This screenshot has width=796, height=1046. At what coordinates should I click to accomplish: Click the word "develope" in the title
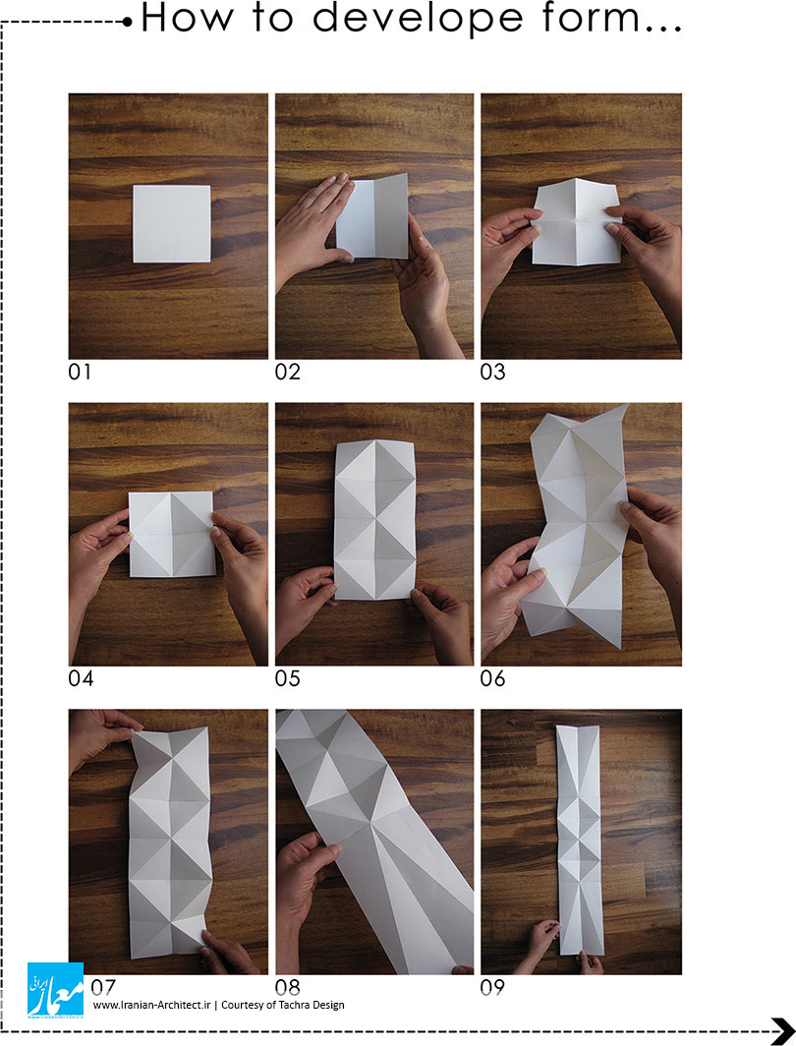click(418, 19)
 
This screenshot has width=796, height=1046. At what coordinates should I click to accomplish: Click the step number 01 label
click(80, 372)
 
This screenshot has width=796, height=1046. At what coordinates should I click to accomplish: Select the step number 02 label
click(287, 372)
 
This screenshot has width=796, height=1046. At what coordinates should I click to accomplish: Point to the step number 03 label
click(492, 372)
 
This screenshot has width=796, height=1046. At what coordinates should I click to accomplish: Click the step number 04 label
click(81, 678)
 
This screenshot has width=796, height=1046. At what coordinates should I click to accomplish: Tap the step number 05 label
click(287, 678)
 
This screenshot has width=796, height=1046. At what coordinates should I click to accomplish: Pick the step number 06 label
click(492, 678)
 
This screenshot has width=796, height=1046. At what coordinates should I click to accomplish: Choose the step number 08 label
click(287, 987)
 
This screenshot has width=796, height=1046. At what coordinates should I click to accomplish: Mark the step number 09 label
click(492, 987)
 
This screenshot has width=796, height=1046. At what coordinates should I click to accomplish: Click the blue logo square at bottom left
click(55, 990)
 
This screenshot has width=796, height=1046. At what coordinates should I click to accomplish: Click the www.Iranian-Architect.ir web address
click(151, 1005)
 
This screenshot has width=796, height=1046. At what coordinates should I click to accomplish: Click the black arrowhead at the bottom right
click(782, 1030)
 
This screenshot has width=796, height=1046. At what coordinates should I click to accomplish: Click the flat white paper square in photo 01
click(172, 223)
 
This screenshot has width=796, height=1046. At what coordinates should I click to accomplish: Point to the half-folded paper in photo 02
click(372, 216)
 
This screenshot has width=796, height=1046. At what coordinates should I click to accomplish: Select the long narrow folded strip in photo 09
click(580, 840)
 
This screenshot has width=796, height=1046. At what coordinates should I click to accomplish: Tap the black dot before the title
click(128, 22)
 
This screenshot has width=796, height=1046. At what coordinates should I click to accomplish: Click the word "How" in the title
click(188, 18)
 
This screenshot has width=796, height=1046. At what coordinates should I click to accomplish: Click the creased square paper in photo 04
click(172, 534)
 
